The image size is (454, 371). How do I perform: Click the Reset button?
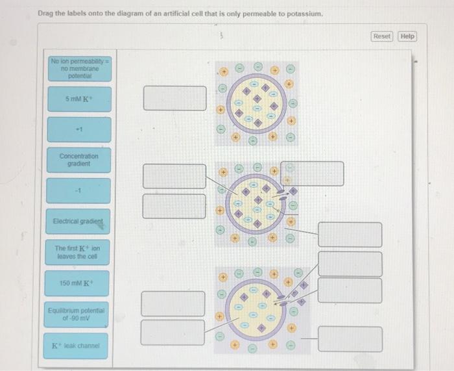point(382,36)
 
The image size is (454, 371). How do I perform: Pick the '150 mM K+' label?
point(78,283)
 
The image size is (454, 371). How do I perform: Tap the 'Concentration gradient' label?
point(78,160)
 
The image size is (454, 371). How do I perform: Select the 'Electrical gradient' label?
point(78,222)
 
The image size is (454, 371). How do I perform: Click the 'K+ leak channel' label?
point(78,345)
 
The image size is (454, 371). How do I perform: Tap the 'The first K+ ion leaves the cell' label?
point(78,252)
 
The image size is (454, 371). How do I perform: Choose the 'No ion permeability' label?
point(78,68)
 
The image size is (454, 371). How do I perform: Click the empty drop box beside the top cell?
point(174,98)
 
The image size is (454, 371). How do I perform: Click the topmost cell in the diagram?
point(257,103)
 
